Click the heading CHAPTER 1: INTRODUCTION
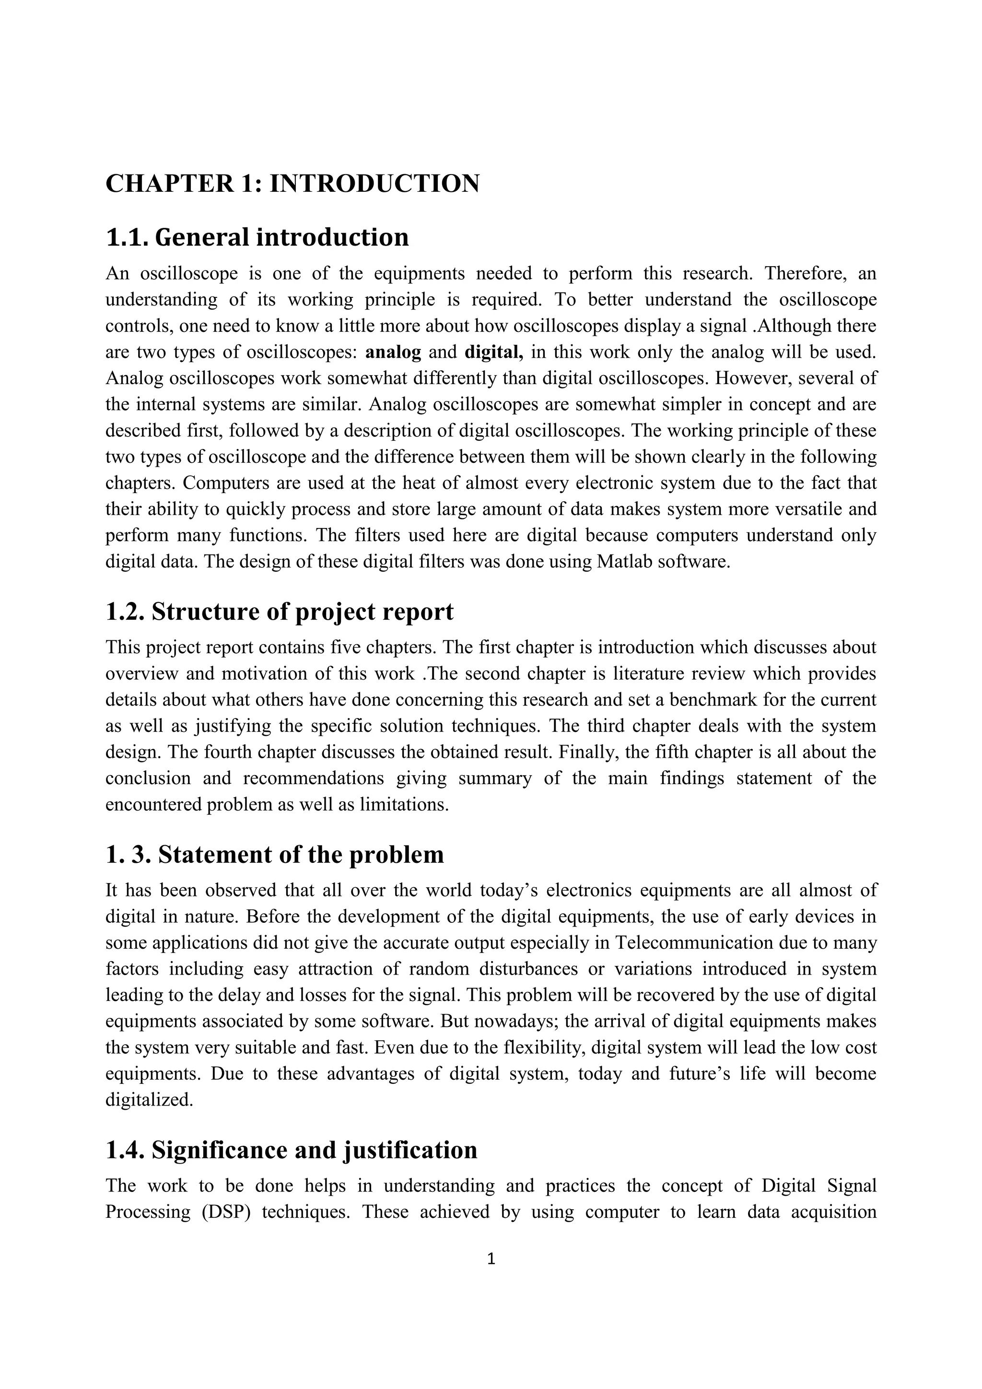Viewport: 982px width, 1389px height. (x=292, y=183)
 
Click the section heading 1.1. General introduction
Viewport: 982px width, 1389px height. (x=257, y=237)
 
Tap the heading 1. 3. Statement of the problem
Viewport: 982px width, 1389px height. (x=275, y=854)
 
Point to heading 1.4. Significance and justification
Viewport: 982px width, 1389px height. (x=291, y=1150)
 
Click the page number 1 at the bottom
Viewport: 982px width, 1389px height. (x=491, y=1259)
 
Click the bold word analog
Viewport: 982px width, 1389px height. (x=393, y=352)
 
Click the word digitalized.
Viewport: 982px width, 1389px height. (x=149, y=1100)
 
